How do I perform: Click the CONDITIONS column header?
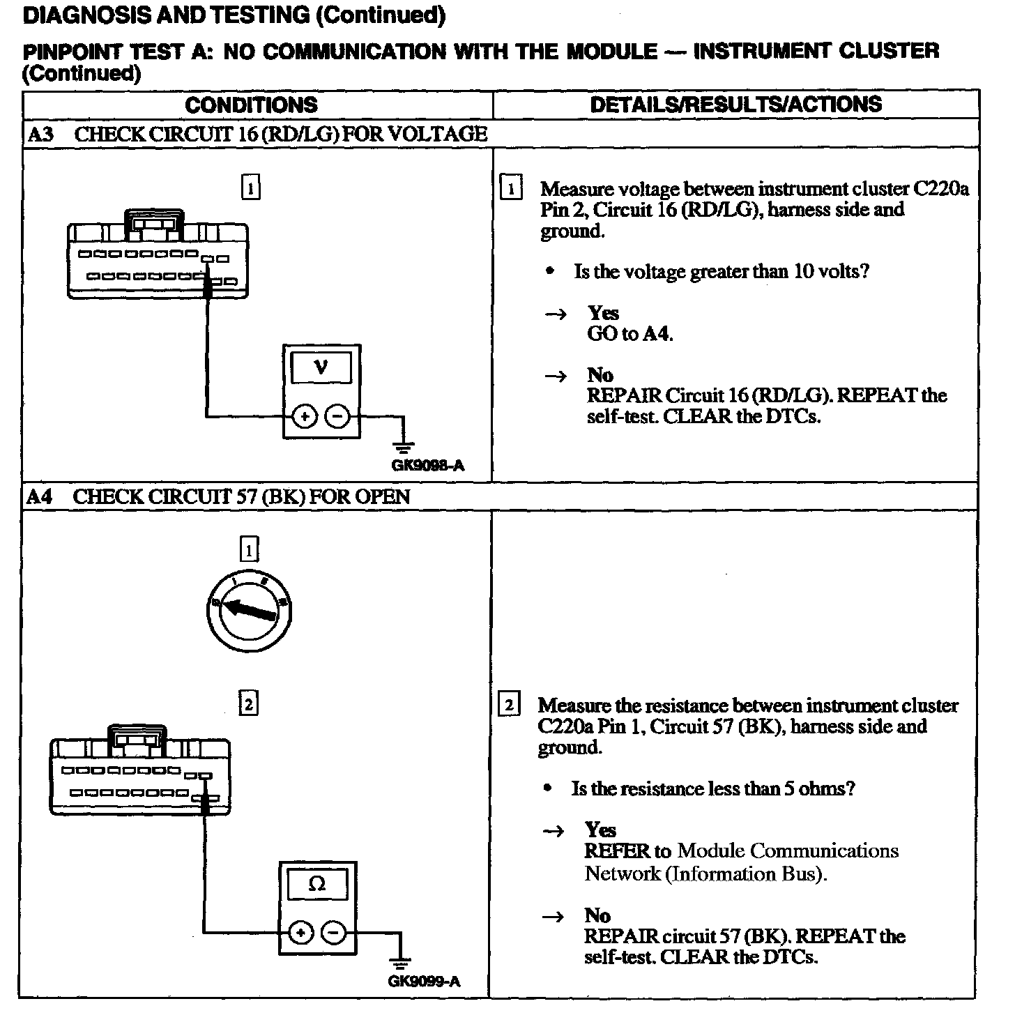tap(251, 105)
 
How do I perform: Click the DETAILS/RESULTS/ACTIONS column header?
tap(735, 105)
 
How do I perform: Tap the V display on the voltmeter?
tap(321, 367)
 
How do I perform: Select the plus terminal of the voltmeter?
tap(304, 417)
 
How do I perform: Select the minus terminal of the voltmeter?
tap(337, 417)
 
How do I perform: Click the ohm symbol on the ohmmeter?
tap(316, 884)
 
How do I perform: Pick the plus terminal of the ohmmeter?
tap(300, 933)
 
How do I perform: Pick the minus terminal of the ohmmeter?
tap(334, 933)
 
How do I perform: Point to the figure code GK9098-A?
tap(427, 466)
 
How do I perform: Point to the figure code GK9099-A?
tap(424, 982)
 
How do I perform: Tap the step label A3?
tap(40, 134)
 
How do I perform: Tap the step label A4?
tap(40, 496)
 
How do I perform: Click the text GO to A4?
tap(629, 334)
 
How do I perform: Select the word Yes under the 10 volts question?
tap(603, 313)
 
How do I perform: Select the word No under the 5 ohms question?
tap(597, 915)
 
